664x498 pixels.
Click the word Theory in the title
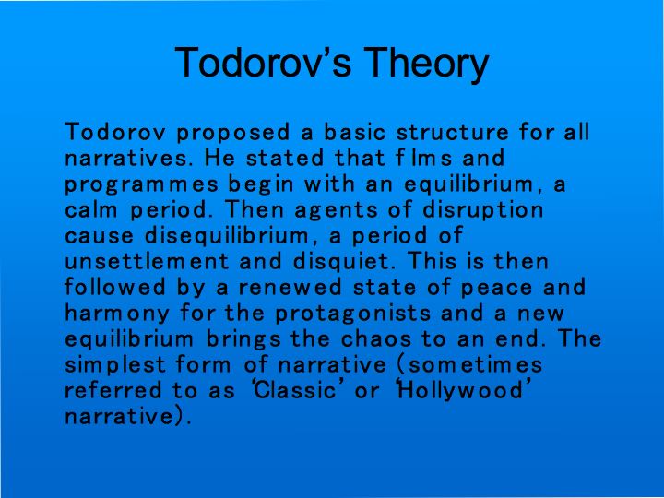click(x=426, y=64)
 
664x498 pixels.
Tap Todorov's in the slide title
click(x=263, y=62)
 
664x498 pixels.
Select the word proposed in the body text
click(x=233, y=133)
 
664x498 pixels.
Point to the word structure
click(x=452, y=131)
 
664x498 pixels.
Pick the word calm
click(x=91, y=209)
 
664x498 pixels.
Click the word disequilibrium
click(x=227, y=236)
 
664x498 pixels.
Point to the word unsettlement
click(x=147, y=261)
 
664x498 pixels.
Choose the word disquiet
click(x=341, y=262)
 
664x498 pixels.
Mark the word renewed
click(x=290, y=288)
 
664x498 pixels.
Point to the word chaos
click(x=376, y=338)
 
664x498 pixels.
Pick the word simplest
click(x=115, y=365)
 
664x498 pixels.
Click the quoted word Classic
click(x=295, y=390)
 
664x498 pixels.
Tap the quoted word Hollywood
click(x=462, y=391)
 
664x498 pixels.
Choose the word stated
click(x=285, y=158)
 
